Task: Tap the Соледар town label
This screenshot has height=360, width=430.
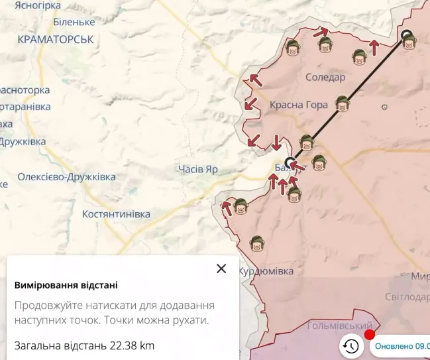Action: (325, 78)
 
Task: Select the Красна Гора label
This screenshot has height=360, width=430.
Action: (299, 105)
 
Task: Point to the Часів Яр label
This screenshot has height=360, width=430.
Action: (198, 169)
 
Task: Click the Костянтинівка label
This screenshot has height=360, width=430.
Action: (116, 214)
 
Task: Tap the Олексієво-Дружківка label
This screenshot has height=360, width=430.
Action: (66, 177)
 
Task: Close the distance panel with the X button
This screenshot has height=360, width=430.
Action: (221, 269)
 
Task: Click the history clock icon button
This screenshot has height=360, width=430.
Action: (350, 345)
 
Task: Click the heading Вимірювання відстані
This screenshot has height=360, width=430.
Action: (66, 285)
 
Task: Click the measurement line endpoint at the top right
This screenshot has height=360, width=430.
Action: (406, 36)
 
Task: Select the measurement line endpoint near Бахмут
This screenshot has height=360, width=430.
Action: (290, 162)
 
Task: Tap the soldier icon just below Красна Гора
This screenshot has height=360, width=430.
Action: (306, 142)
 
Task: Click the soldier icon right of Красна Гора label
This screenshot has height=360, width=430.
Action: (342, 103)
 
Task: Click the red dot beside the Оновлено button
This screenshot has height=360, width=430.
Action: (370, 334)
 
